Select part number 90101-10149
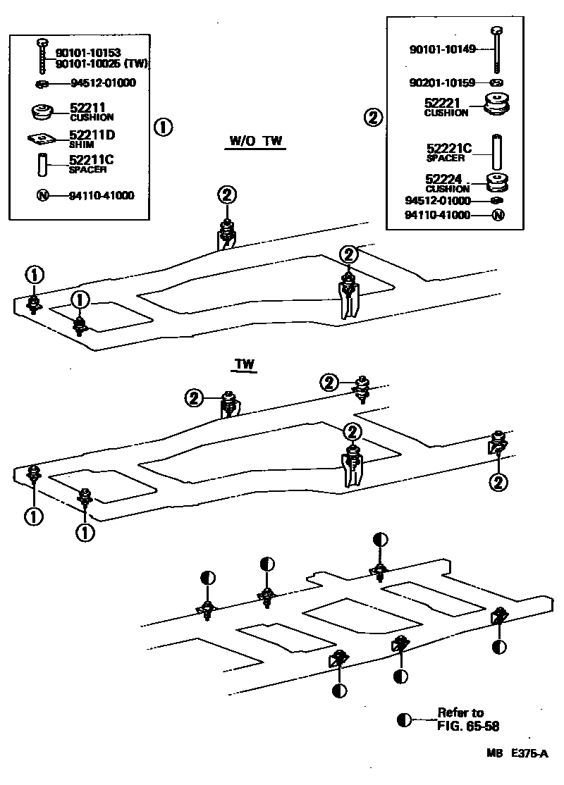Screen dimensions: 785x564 pyautogui.click(x=442, y=49)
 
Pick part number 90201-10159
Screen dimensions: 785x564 pyautogui.click(x=442, y=82)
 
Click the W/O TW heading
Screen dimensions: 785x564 pyautogui.click(x=255, y=142)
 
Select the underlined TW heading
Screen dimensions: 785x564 pyautogui.click(x=244, y=365)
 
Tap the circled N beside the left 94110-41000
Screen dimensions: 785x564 pyautogui.click(x=42, y=195)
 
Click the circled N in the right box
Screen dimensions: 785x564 pyautogui.click(x=498, y=216)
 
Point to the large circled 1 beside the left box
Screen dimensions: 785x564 pyautogui.click(x=163, y=128)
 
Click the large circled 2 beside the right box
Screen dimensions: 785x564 pyautogui.click(x=374, y=118)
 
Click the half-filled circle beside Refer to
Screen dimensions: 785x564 pyautogui.click(x=404, y=719)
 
